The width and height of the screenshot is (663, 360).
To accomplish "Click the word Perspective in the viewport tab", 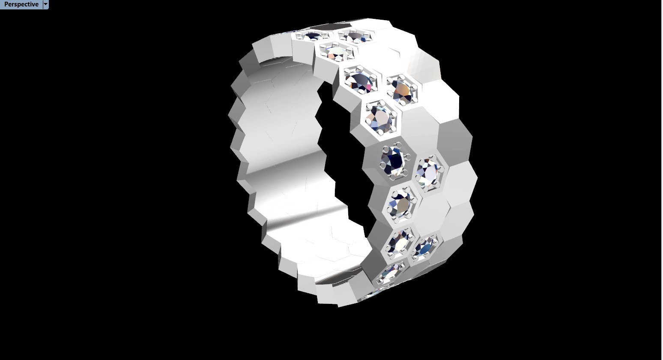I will coord(21,4).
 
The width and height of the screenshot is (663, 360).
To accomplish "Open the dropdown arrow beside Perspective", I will coord(46,4).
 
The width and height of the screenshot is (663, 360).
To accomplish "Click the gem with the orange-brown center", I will coord(402,90).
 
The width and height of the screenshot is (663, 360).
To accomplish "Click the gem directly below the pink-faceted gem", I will coord(379,117).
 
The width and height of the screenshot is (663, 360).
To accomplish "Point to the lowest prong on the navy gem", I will coord(393,176).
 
